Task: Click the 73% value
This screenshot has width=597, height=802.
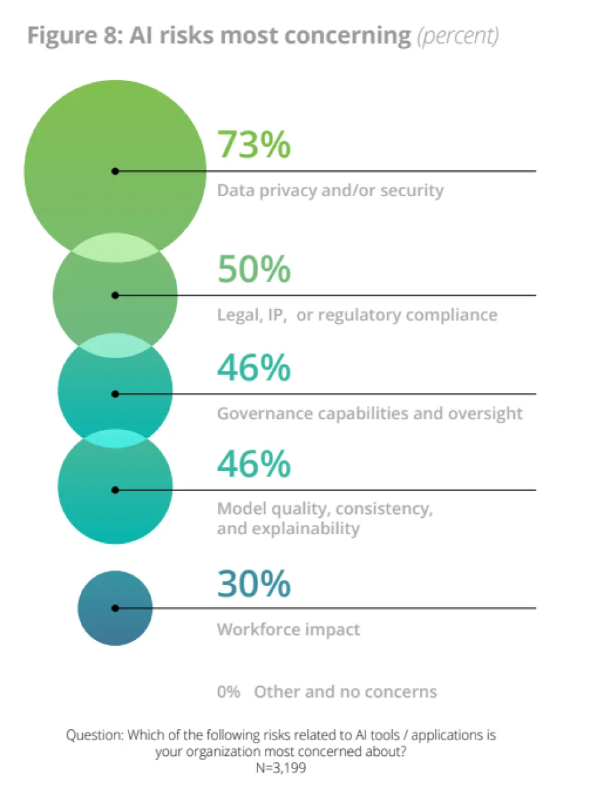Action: (x=254, y=144)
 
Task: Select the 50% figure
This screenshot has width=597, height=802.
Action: (x=254, y=270)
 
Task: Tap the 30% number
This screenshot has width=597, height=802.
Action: (x=254, y=584)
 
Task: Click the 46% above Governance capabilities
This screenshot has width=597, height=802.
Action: (x=254, y=368)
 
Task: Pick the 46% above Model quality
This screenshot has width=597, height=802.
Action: (x=254, y=465)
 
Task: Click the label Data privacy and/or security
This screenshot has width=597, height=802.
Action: (x=330, y=190)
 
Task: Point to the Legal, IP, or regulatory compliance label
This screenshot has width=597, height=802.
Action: (x=357, y=315)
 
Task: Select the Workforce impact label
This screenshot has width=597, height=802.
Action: (x=288, y=629)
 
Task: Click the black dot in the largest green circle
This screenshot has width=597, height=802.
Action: (x=115, y=171)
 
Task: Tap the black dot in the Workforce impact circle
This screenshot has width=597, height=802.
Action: (x=115, y=608)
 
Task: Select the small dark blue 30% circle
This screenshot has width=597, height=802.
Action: (x=115, y=623)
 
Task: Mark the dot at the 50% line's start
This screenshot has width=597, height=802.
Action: (x=115, y=295)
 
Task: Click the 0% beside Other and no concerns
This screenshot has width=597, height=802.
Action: (x=228, y=691)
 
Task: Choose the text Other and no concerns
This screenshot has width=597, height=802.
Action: (x=345, y=691)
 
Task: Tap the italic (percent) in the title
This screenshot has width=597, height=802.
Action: (x=458, y=36)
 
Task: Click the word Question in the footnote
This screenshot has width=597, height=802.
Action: (x=94, y=736)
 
